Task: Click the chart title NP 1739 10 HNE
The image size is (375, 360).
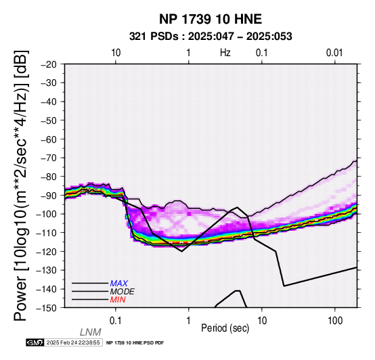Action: [211, 19]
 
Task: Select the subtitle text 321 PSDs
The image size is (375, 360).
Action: [154, 37]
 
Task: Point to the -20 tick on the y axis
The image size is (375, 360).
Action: [49, 64]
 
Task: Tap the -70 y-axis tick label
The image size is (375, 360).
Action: [49, 158]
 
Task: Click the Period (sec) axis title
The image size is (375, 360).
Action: [225, 328]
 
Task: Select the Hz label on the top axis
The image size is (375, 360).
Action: [225, 53]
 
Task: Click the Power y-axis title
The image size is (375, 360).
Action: [21, 185]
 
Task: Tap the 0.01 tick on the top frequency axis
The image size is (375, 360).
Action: [334, 53]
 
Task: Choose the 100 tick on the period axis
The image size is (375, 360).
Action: [335, 321]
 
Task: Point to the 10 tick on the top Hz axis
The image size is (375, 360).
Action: [116, 53]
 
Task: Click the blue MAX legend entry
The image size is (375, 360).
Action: [118, 284]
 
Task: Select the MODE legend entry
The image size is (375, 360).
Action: [122, 292]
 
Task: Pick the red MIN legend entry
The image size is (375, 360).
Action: [118, 300]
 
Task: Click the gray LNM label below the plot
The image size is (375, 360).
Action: [91, 332]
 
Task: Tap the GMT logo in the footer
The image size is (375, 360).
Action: [35, 342]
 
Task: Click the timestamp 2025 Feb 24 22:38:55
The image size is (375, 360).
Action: [73, 342]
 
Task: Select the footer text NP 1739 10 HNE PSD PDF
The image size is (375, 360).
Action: [135, 343]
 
